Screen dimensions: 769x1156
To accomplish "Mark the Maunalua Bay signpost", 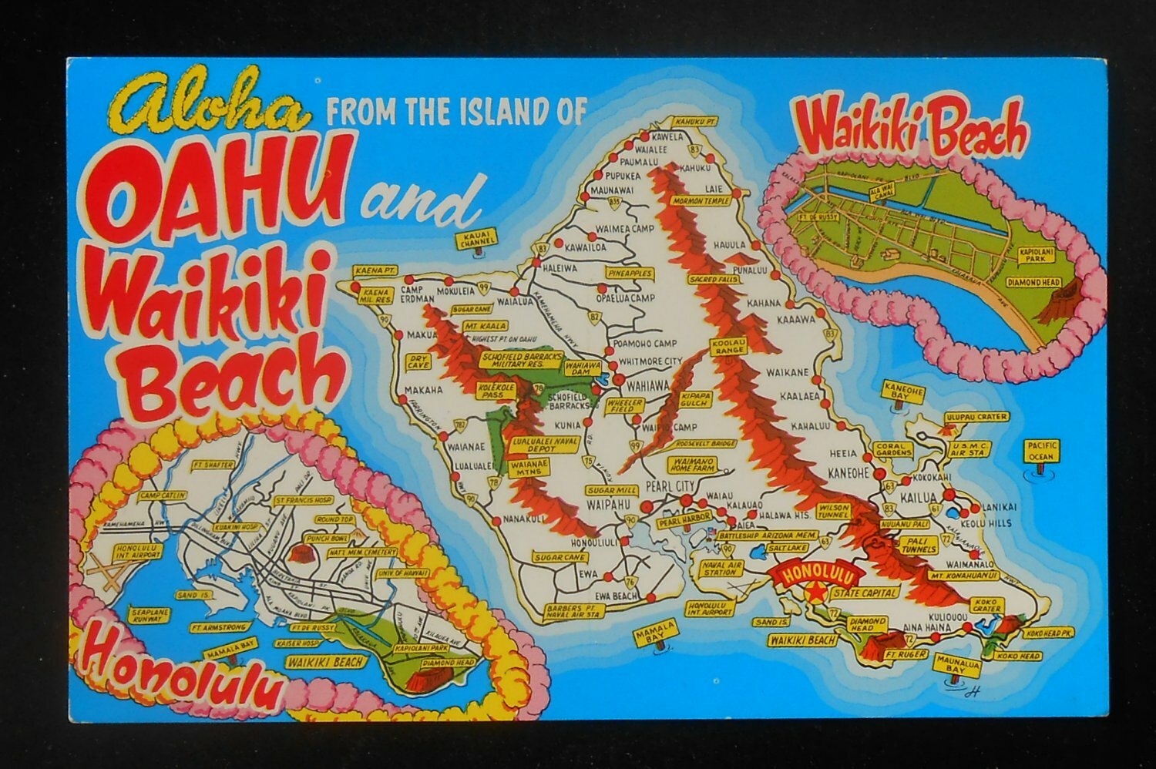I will click(953, 665).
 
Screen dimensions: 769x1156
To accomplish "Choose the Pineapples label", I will click(630, 274).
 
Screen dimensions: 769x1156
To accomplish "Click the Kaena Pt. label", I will click(375, 271).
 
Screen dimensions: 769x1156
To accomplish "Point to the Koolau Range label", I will click(730, 345).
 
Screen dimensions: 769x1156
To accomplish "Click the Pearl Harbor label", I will click(678, 522).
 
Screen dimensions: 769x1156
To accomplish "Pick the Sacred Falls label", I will click(710, 278).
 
